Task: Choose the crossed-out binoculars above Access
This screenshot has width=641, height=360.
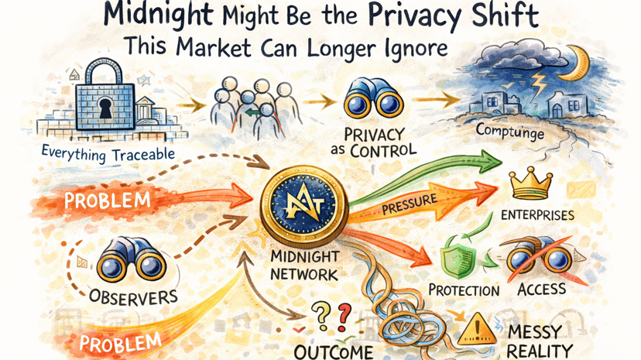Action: click(x=539, y=259)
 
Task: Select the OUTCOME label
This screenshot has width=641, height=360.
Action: click(x=334, y=351)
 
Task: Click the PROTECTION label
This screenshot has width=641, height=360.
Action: click(x=464, y=290)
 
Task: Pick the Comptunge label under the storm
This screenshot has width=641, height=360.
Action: click(x=510, y=133)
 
